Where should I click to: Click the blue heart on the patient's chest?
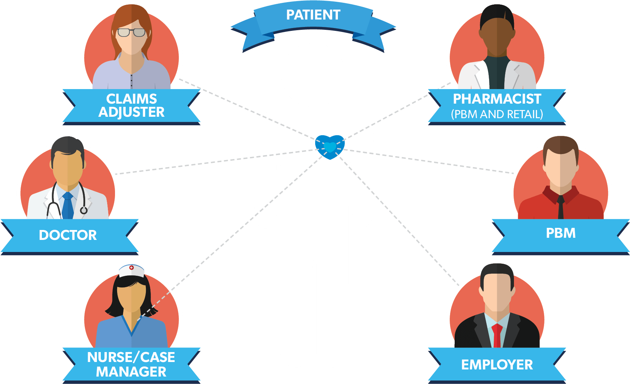330,147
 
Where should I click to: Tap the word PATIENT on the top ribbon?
313,15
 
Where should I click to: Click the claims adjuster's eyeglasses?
131,33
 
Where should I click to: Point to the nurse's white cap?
131,271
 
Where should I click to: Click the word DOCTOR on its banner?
68,235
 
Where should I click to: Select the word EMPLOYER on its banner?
497,365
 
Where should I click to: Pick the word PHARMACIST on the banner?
497,99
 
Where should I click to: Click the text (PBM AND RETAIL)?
497,114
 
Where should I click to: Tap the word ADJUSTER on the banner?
131,112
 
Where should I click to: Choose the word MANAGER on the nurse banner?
131,372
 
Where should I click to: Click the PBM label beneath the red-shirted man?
561,233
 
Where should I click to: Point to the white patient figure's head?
313,75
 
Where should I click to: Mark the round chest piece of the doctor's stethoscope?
84,210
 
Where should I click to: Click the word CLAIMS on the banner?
131,99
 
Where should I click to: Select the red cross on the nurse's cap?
131,268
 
